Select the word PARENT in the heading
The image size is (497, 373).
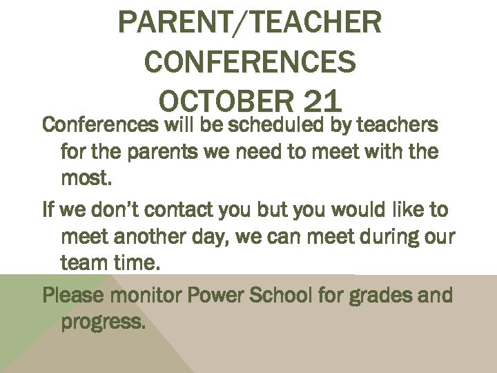click(x=163, y=23)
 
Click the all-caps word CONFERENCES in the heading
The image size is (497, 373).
click(x=250, y=63)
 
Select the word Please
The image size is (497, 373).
click(x=75, y=296)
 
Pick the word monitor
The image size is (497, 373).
click(x=154, y=296)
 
